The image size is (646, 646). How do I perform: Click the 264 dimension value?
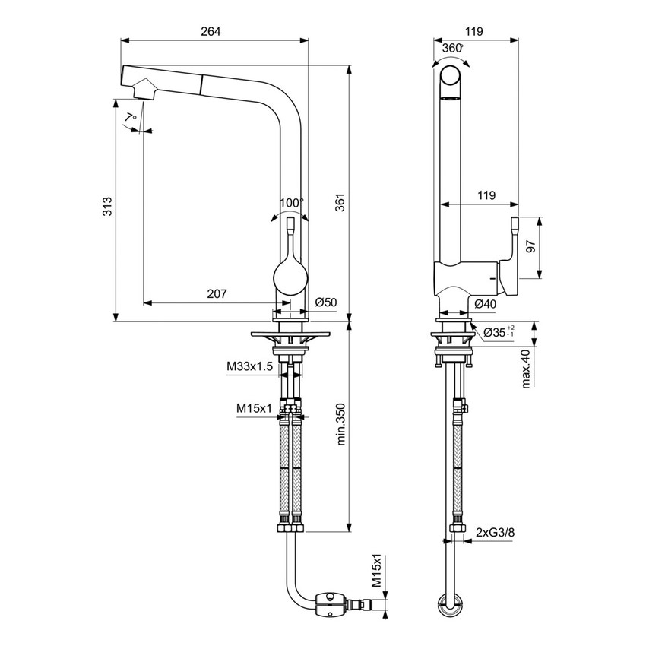click(x=211, y=31)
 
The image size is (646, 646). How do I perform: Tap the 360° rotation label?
click(x=451, y=48)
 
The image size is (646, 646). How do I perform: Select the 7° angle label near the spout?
click(x=131, y=117)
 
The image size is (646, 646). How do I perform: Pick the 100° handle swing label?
click(x=290, y=203)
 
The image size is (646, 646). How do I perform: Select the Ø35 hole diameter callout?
click(x=496, y=332)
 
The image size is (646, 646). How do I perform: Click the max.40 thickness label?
click(x=525, y=369)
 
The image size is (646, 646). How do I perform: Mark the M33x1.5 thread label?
click(x=249, y=366)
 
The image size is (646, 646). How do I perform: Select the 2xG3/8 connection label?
click(x=494, y=534)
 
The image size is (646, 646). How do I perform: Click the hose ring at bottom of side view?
click(x=450, y=604)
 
